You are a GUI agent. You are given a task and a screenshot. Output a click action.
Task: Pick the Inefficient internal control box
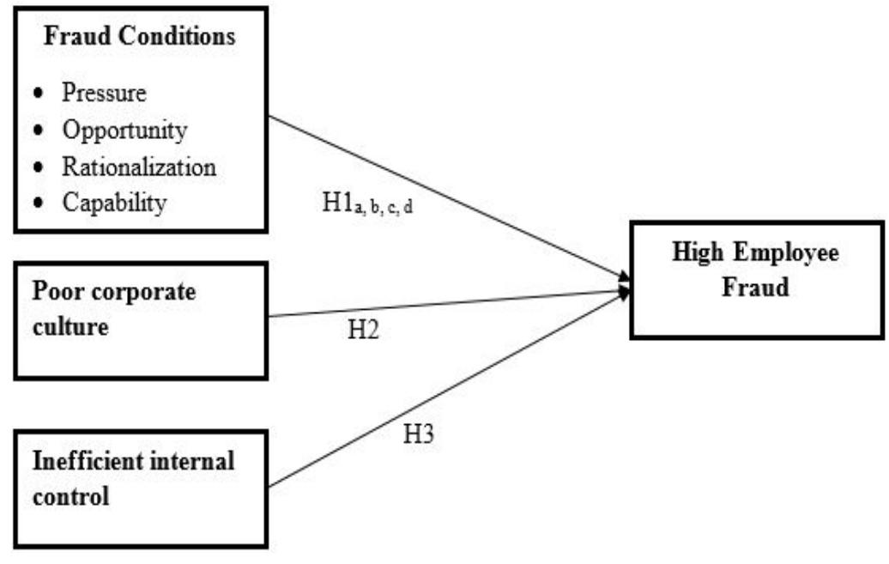(x=140, y=488)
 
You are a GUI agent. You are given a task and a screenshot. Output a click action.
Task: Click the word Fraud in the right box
(x=759, y=288)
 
